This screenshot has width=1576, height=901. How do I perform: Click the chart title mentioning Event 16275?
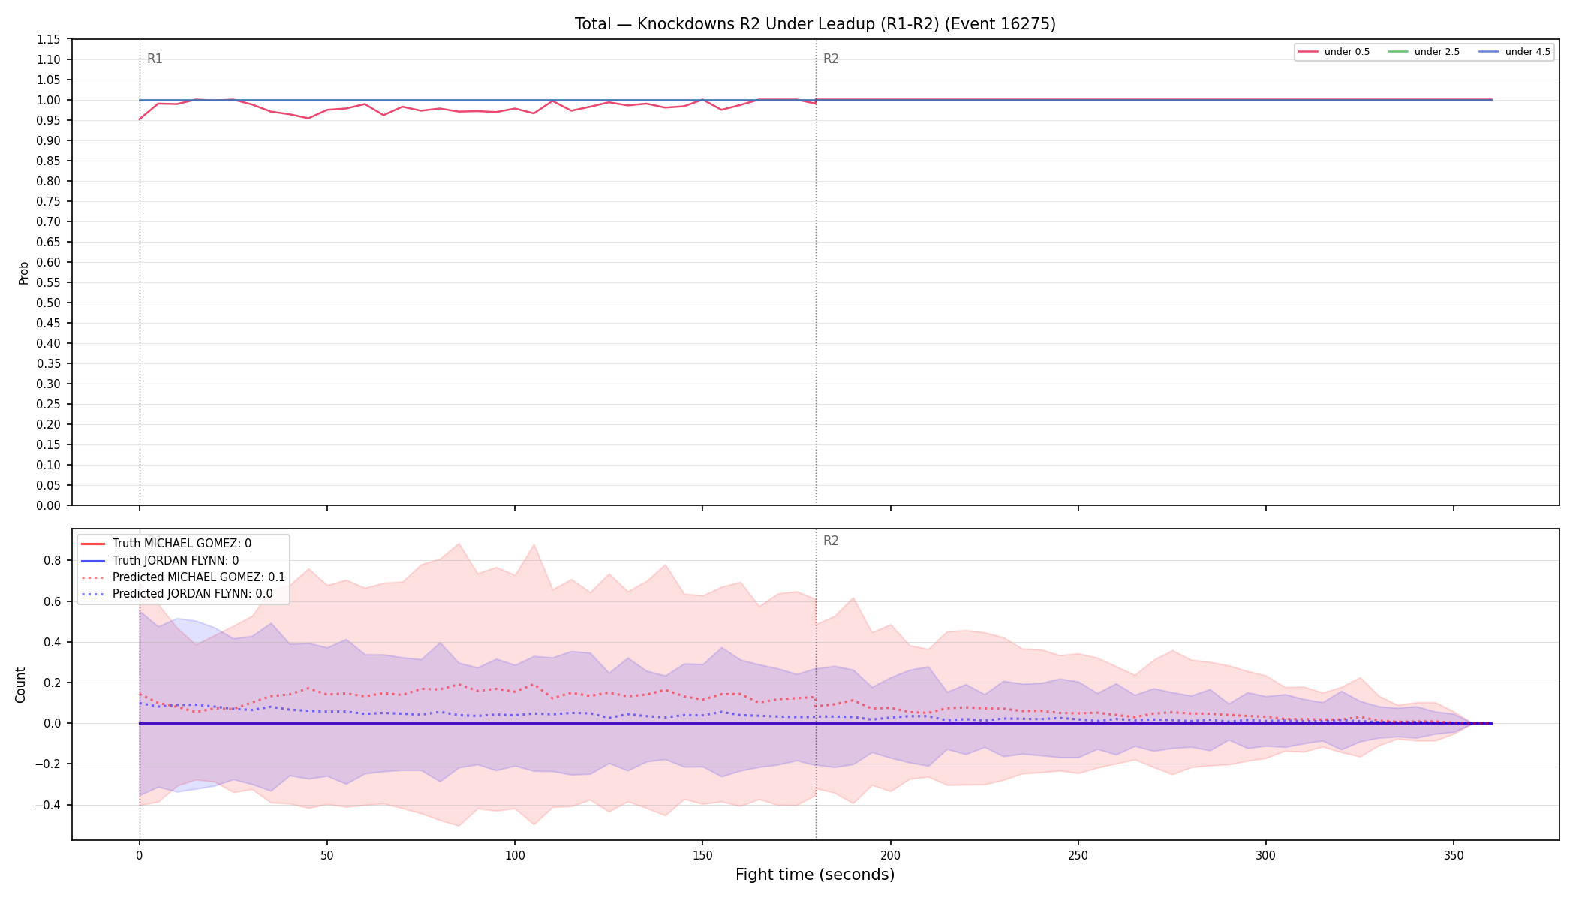(815, 24)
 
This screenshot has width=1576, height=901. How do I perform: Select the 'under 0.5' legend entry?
(1334, 52)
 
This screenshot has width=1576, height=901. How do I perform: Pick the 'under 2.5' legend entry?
(1424, 52)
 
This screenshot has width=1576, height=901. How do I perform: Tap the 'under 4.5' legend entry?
(1514, 52)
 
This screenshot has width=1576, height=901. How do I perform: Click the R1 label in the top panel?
(155, 59)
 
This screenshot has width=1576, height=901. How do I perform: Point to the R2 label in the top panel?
(831, 59)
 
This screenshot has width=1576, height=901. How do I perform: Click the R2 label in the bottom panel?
(831, 541)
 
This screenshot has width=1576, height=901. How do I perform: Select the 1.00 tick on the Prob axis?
(49, 100)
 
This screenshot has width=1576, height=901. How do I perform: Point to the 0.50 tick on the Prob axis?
(49, 303)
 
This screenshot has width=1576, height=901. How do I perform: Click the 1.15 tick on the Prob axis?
(49, 39)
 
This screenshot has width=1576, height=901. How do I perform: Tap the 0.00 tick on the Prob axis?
(49, 505)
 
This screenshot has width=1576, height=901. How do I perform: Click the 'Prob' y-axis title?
(23, 273)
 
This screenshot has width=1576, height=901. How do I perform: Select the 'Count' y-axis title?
(20, 685)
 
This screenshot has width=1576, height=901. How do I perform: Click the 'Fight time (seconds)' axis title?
(815, 875)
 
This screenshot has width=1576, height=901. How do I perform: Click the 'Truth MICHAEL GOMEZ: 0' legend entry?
(182, 544)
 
